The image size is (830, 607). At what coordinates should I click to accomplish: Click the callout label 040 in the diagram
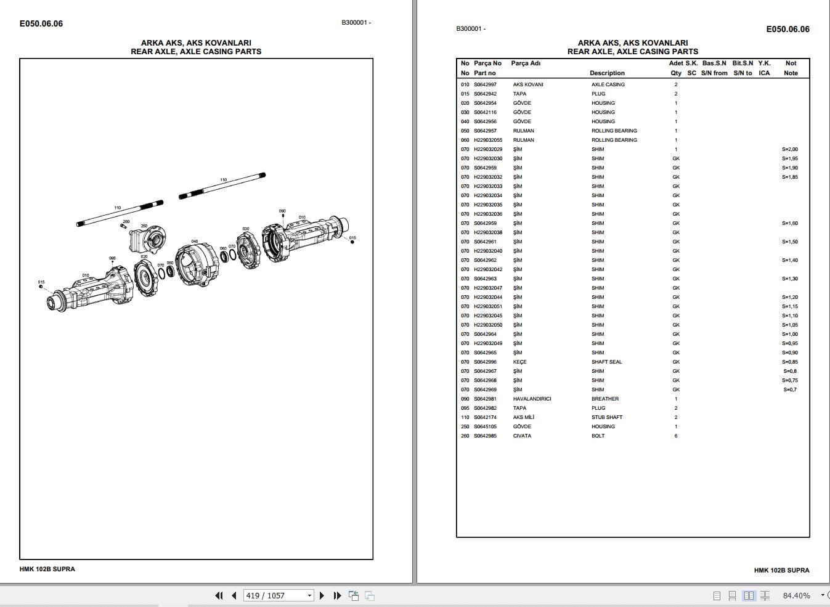[x=195, y=242]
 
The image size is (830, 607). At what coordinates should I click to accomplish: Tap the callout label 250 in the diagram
[x=144, y=226]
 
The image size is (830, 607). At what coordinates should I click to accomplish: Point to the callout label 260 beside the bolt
[x=126, y=221]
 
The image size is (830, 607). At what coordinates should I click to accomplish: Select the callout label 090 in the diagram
[x=282, y=211]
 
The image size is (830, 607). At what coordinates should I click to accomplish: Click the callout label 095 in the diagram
[x=112, y=258]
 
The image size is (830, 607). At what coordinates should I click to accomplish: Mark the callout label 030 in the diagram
[x=246, y=229]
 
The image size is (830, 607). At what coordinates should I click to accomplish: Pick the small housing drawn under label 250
[x=148, y=240]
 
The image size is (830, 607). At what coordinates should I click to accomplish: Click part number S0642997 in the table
[x=485, y=84]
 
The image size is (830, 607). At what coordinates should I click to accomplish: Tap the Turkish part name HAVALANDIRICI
[x=532, y=399]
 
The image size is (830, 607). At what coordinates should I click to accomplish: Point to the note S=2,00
[x=789, y=149]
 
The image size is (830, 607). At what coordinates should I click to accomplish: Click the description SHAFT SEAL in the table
[x=606, y=362]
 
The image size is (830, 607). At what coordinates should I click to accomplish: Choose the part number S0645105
[x=485, y=426]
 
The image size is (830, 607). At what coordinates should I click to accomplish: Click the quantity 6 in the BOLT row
[x=675, y=436]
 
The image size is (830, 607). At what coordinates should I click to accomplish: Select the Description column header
[x=607, y=73]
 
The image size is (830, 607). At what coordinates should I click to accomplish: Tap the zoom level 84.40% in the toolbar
[x=796, y=595]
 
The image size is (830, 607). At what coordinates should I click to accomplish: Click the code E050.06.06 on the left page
[x=41, y=24]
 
